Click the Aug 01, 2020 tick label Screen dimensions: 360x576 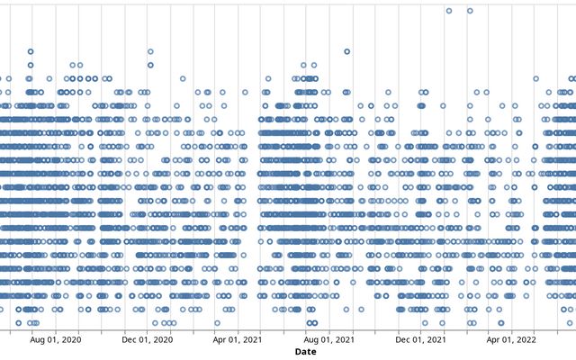(x=56, y=340)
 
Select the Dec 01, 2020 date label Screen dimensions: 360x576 (x=147, y=340)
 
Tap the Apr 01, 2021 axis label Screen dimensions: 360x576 (x=238, y=340)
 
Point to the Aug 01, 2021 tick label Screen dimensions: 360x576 (x=329, y=340)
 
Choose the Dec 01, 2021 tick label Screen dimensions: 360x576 (x=420, y=340)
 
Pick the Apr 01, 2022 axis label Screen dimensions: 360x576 (x=511, y=340)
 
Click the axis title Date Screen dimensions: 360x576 (x=305, y=352)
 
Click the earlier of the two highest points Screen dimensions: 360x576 (x=449, y=11)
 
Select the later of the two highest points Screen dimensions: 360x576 (x=470, y=11)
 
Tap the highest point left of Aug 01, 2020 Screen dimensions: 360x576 (x=31, y=51)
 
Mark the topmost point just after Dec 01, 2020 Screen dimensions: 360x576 (x=150, y=51)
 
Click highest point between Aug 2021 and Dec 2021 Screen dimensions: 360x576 (x=346, y=51)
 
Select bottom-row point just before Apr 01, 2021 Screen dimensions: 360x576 (x=217, y=322)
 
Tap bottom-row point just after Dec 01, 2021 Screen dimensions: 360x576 (x=425, y=322)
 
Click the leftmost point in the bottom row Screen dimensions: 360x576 (x=18, y=322)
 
